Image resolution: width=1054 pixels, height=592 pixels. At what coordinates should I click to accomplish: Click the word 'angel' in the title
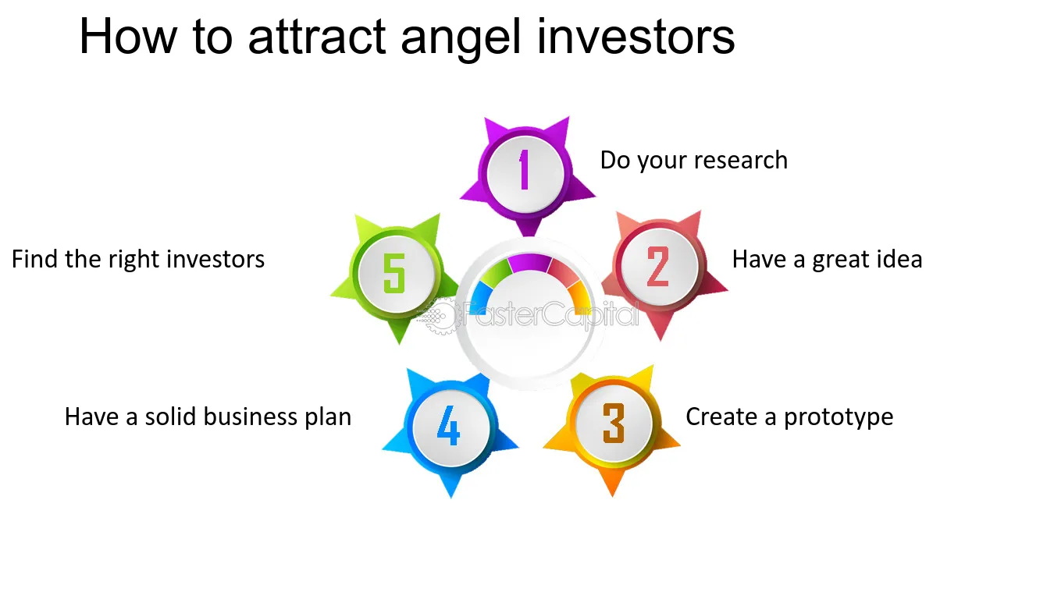pyautogui.click(x=461, y=38)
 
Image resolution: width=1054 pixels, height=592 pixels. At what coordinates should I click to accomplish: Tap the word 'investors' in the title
pyautogui.click(x=636, y=36)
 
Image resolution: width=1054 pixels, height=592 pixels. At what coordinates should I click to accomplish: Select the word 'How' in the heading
pyautogui.click(x=128, y=36)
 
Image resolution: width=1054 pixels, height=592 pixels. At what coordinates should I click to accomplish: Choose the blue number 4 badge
pyautogui.click(x=450, y=429)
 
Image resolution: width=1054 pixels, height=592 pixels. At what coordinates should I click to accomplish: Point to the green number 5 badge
pyautogui.click(x=396, y=275)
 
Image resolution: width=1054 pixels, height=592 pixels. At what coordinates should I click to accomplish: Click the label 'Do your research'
pyautogui.click(x=693, y=161)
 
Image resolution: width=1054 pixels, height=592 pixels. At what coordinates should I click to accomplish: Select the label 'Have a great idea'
pyautogui.click(x=827, y=260)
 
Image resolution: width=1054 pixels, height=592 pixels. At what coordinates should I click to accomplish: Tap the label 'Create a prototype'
pyautogui.click(x=789, y=417)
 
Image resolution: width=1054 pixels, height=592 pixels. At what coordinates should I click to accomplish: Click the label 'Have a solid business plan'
pyautogui.click(x=208, y=417)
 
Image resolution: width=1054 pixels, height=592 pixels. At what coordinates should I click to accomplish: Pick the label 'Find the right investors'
pyautogui.click(x=138, y=260)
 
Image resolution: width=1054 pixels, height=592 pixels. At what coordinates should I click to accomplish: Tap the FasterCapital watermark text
pyautogui.click(x=550, y=314)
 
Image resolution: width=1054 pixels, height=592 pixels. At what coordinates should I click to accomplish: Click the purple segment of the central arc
pyautogui.click(x=530, y=262)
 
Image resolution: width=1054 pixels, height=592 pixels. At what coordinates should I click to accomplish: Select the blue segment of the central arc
pyautogui.click(x=480, y=297)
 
